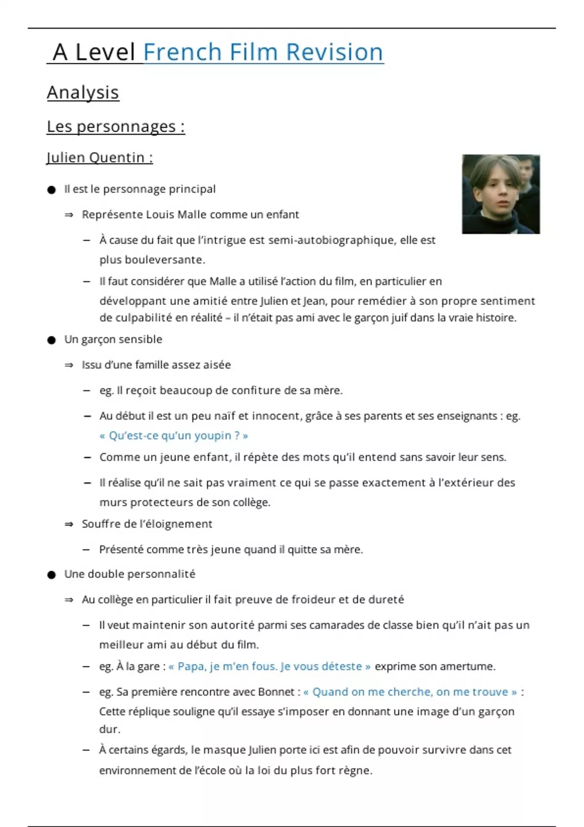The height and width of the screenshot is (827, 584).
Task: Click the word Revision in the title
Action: click(334, 52)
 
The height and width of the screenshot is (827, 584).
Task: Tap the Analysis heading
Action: click(83, 92)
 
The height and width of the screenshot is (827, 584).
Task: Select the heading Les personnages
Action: click(115, 126)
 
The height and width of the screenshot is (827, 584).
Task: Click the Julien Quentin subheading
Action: click(99, 158)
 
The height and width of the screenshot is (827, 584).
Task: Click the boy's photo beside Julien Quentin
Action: click(500, 194)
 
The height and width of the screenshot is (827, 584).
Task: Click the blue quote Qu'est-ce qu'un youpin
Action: click(174, 436)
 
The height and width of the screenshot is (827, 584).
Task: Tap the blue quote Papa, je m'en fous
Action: click(269, 666)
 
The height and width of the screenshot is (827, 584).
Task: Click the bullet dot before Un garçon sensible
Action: click(52, 340)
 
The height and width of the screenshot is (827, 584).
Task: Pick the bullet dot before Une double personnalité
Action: click(52, 575)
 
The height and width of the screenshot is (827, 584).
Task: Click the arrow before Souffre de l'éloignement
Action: click(69, 524)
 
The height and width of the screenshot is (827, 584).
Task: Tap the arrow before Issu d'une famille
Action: click(69, 365)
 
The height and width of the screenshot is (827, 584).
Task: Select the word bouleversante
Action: click(164, 260)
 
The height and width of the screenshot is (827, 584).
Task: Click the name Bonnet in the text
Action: click(276, 692)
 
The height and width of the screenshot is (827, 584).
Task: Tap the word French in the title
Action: click(182, 52)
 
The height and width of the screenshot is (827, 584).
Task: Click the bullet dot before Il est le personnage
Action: click(52, 190)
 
